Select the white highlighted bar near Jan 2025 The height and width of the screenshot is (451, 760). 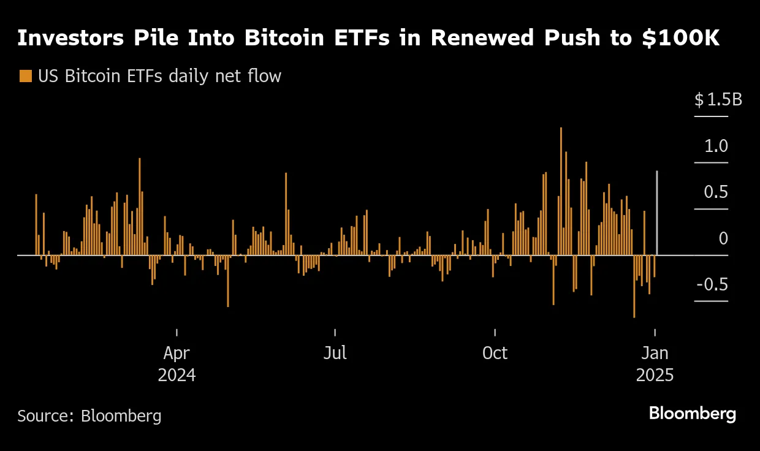click(x=657, y=213)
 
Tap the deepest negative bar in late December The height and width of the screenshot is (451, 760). click(x=634, y=286)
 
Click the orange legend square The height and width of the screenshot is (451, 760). click(x=25, y=77)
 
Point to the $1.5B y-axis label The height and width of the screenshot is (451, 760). click(x=718, y=100)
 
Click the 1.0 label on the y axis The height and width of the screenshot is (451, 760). click(x=715, y=146)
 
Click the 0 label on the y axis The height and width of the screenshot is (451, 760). click(x=723, y=238)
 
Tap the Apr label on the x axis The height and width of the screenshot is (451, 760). click(x=177, y=354)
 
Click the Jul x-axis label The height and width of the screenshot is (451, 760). click(x=335, y=354)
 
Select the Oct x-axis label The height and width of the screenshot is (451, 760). click(x=495, y=354)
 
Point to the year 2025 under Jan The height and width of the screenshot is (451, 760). click(x=655, y=375)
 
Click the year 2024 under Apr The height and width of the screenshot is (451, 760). click(x=177, y=375)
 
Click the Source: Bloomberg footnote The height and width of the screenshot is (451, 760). click(x=89, y=416)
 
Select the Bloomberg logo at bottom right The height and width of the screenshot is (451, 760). click(x=692, y=414)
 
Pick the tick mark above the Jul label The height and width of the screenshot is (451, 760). click(x=335, y=333)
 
